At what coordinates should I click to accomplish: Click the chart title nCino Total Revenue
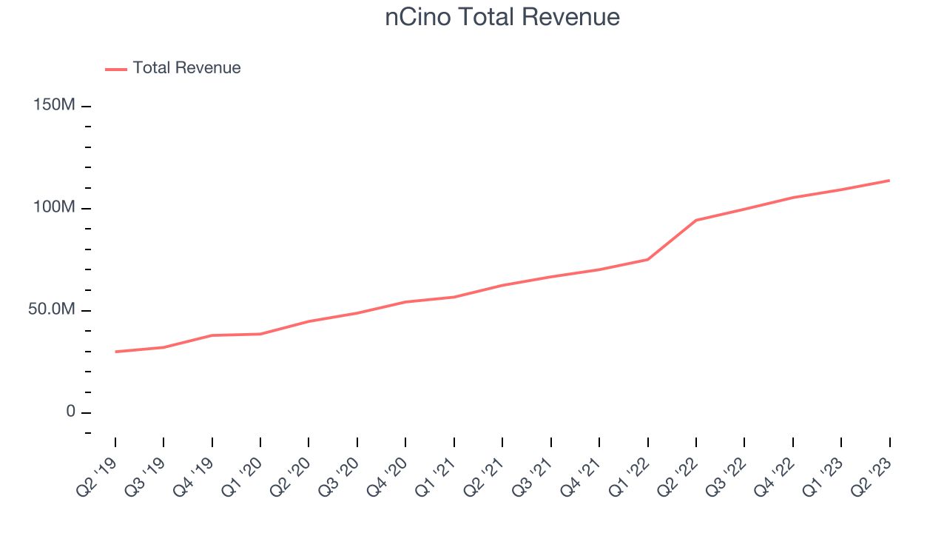[502, 17]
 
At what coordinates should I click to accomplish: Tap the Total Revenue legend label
[186, 68]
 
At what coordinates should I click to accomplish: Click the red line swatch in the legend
[116, 69]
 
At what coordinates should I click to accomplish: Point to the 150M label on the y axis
[54, 106]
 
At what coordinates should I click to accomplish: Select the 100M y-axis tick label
[54, 208]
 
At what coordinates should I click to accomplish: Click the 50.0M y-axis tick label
[52, 309]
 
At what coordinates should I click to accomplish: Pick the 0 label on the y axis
[70, 412]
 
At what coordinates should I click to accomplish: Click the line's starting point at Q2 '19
[115, 352]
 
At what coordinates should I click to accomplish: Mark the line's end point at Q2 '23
[889, 181]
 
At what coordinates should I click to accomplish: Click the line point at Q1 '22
[647, 259]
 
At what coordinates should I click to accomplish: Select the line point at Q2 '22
[696, 220]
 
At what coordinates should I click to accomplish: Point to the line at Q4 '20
[405, 302]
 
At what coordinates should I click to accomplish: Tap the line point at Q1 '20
[260, 334]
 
